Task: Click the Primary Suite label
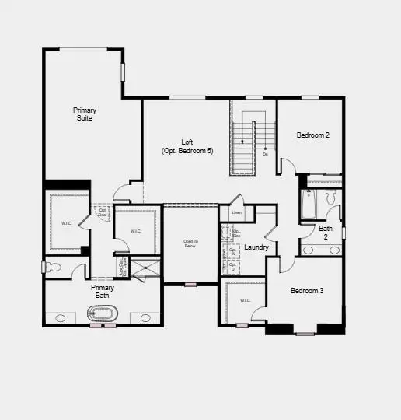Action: pyautogui.click(x=85, y=114)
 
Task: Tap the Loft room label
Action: pyautogui.click(x=187, y=146)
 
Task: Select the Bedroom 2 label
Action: pyautogui.click(x=313, y=135)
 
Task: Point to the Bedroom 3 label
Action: pyautogui.click(x=306, y=291)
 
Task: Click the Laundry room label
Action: pyautogui.click(x=256, y=247)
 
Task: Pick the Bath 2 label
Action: pyautogui.click(x=326, y=232)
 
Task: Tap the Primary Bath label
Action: pyautogui.click(x=102, y=292)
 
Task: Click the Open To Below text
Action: pyautogui.click(x=190, y=243)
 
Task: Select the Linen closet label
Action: pyautogui.click(x=236, y=213)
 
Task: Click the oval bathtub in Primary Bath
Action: pyautogui.click(x=102, y=315)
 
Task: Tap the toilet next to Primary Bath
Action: pyautogui.click(x=53, y=268)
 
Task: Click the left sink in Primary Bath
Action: pyautogui.click(x=61, y=317)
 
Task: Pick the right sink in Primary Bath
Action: pyautogui.click(x=145, y=317)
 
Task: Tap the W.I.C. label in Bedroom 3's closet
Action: pyautogui.click(x=245, y=300)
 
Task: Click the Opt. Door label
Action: pyautogui.click(x=102, y=212)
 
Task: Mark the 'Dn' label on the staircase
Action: pyautogui.click(x=265, y=154)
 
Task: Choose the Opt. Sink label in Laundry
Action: pyautogui.click(x=237, y=233)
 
